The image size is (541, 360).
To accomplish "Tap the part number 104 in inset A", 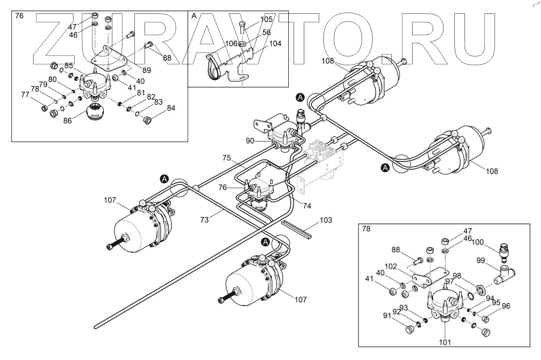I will point(275,43).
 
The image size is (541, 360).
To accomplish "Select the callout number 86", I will point(67,120).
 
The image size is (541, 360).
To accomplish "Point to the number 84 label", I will point(170,108).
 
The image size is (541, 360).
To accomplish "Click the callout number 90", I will point(250,141).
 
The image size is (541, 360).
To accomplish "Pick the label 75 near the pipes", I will point(227,158).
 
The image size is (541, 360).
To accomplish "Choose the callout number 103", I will point(326,220).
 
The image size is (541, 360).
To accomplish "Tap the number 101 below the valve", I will point(445,342).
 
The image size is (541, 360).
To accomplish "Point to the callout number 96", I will point(506,306).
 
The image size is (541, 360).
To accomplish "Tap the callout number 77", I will point(25,94).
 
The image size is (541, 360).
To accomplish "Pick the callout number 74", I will point(307,205).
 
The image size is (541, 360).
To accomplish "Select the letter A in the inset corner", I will point(193,16).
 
